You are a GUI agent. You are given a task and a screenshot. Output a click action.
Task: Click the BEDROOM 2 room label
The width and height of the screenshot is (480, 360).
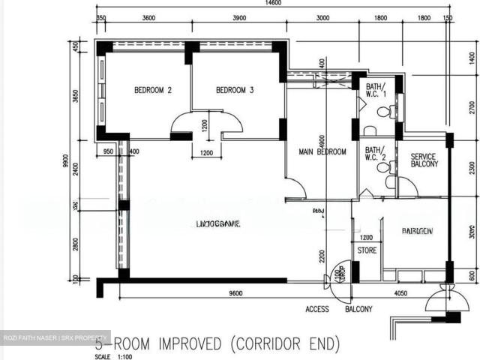point(153,91)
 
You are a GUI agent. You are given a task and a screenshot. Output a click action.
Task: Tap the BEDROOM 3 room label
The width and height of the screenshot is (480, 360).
point(235,91)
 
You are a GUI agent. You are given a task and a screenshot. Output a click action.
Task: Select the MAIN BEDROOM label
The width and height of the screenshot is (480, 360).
point(322,151)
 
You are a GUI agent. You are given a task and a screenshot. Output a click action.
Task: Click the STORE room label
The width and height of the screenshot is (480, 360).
point(367,250)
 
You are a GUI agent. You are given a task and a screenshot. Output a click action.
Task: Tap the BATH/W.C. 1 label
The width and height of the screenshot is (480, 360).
point(375,91)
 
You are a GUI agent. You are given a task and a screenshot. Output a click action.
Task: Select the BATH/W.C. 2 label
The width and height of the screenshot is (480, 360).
point(375,154)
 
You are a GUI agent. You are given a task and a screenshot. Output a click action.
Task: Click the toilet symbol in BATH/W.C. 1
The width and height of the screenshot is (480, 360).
point(384,112)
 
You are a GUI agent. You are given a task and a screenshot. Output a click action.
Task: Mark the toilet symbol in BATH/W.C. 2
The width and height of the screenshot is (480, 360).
point(384,167)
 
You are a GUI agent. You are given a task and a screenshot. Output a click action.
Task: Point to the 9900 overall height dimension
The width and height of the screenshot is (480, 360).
point(66,161)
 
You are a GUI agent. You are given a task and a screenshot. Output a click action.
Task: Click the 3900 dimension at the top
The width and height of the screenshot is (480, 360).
point(241,19)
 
